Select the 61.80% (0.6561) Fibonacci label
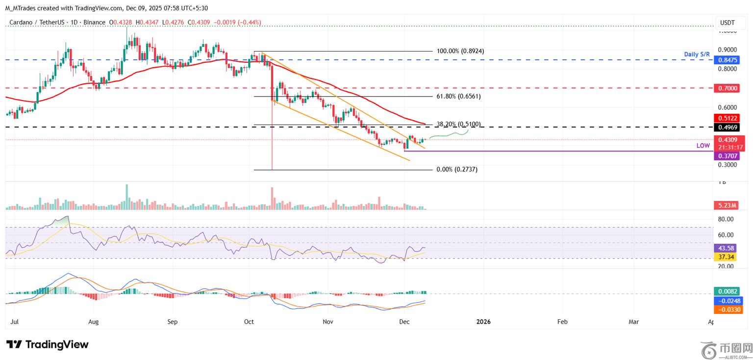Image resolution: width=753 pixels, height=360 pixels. (x=458, y=97)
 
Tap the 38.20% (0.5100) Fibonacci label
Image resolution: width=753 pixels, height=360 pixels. (x=458, y=124)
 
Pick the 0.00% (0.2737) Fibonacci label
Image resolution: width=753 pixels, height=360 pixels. (x=457, y=169)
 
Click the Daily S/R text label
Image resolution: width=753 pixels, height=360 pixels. (x=698, y=54)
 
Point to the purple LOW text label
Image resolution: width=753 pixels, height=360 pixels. (x=703, y=146)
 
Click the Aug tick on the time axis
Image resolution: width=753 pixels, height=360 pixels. (x=94, y=322)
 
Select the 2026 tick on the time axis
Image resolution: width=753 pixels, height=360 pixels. (x=483, y=322)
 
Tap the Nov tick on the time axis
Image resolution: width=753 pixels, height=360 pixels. (x=328, y=322)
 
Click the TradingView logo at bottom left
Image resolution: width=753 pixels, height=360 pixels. (x=48, y=344)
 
